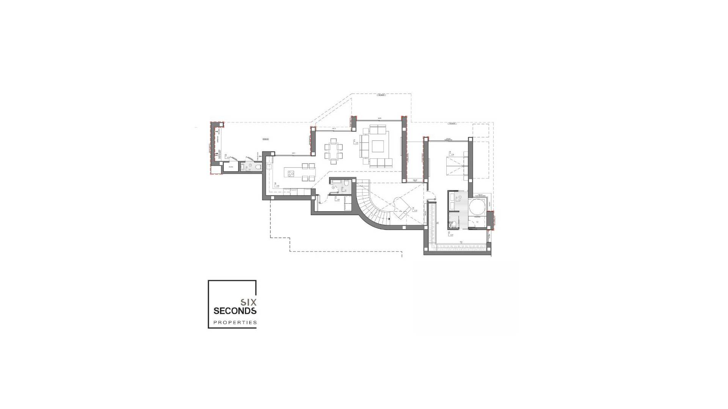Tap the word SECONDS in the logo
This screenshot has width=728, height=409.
[x=235, y=311]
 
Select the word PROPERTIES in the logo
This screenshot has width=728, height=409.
[x=235, y=323]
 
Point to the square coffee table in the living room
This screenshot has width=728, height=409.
[x=378, y=146]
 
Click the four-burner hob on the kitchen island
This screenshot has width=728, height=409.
[x=291, y=174]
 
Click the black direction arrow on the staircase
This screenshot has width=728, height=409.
[x=389, y=218]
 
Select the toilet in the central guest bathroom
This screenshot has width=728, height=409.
[x=346, y=184]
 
